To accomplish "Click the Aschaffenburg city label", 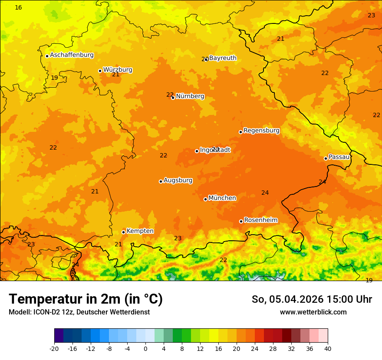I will tap(72, 55).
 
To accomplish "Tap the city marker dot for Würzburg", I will tap(100, 71).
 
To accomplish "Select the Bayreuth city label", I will tap(223, 58).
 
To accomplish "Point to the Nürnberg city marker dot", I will tap(173, 98).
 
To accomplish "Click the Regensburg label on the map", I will tap(261, 131).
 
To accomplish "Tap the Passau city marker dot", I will tap(326, 158).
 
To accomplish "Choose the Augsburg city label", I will tap(178, 180).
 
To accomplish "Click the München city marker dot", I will tap(205, 199).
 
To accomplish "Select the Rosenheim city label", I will tap(260, 220).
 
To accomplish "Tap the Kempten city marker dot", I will tap(123, 232).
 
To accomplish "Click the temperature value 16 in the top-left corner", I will tap(18, 8).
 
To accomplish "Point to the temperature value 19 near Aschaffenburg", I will tap(54, 78).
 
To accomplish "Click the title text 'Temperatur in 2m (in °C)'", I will tap(86, 299).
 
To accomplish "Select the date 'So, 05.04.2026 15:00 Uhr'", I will tap(312, 299).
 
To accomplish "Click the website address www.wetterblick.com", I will tap(313, 312).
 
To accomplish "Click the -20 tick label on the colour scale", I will tap(54, 349).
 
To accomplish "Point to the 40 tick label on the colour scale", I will tap(328, 349).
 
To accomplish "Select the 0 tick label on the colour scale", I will tap(145, 349).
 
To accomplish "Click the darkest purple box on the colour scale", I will tap(59, 336).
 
